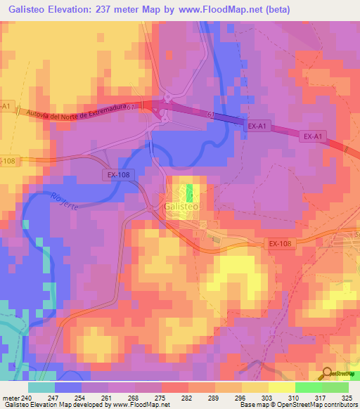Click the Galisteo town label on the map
[181, 207]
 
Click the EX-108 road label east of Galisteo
[279, 243]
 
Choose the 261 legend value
[107, 397]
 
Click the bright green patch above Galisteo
[191, 191]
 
